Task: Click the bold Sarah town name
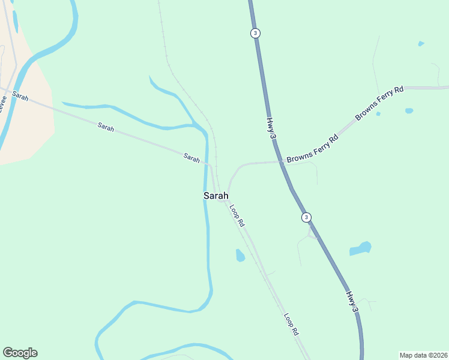[x=216, y=196]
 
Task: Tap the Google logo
[x=20, y=353]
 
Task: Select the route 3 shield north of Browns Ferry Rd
[x=256, y=33]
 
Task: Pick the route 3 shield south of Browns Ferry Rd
[x=306, y=217]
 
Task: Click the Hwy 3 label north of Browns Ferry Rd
[x=271, y=129]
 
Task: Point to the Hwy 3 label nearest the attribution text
[x=353, y=301]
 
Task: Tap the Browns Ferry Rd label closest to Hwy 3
[x=313, y=149]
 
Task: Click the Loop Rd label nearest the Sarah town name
[x=237, y=215]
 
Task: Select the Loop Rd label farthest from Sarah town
[x=292, y=323]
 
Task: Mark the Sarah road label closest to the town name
[x=191, y=158]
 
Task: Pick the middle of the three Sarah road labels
[x=106, y=127]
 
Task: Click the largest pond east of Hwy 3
[x=360, y=248]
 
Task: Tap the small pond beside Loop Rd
[x=240, y=256]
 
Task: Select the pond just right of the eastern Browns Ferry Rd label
[x=409, y=111]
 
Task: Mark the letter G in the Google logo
[x=8, y=352]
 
